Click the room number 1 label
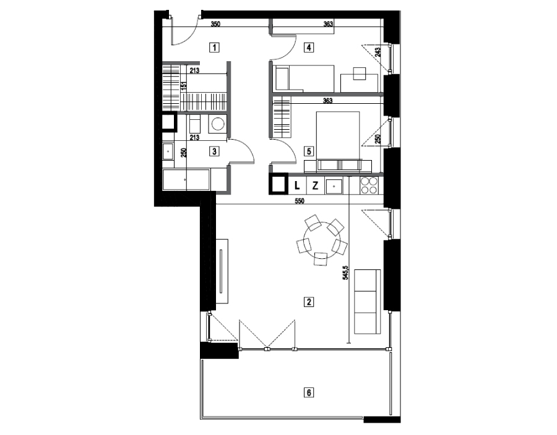pos(214,47)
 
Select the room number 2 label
pos(309,302)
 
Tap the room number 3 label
pos(214,151)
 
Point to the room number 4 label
pos(309,47)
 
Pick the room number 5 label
pos(309,151)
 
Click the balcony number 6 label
pos(309,392)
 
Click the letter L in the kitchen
pos(297,185)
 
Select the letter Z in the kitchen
pos(315,185)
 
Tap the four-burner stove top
pos(369,185)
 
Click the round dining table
pos(321,239)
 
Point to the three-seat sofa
pos(367,302)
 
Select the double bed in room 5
pos(338,136)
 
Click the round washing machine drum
pos(217,124)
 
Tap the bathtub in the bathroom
pos(186,180)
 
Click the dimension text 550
pos(300,201)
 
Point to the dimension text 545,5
pos(345,273)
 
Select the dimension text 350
pos(215,24)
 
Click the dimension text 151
pos(184,87)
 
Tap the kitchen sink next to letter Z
pos(334,186)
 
